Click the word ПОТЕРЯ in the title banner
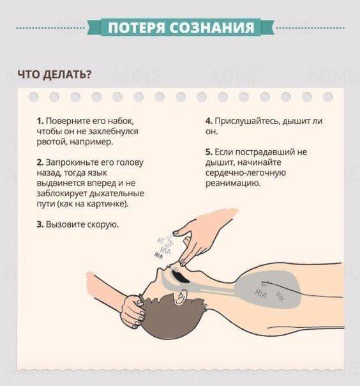137,27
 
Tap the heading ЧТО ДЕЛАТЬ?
54,75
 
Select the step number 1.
40,121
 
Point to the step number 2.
40,162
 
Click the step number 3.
40,224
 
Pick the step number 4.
209,121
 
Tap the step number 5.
209,152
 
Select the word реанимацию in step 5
233,183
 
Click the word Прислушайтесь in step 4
248,121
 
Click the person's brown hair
170,318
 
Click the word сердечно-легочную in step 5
246,173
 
